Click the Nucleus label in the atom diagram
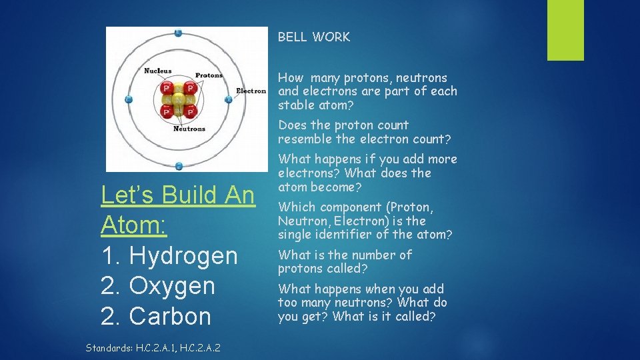[x=158, y=71]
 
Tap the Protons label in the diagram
[x=209, y=75]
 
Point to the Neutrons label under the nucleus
[x=189, y=129]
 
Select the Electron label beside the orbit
[x=251, y=91]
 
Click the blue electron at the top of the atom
[x=178, y=33]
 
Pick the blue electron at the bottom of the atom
[x=178, y=166]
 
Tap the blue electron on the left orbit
[x=129, y=99]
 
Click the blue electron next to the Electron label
[x=228, y=99]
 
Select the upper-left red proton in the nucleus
[x=167, y=87]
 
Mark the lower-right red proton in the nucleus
[x=190, y=111]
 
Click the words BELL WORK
[x=313, y=37]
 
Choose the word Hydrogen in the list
[x=183, y=256]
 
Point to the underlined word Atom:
[x=134, y=225]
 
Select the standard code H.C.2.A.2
[x=201, y=347]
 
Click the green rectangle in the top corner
[x=565, y=30]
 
